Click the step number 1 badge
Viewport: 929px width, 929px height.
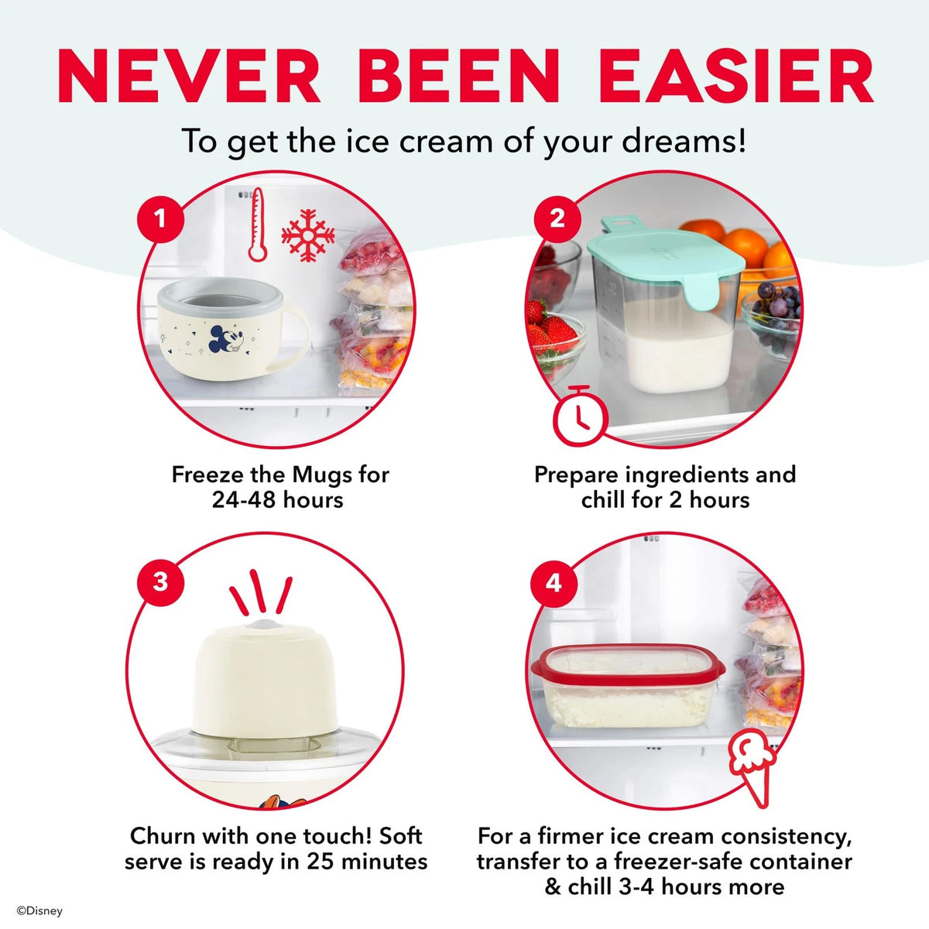(x=160, y=219)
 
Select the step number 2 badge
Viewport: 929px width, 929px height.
(x=557, y=219)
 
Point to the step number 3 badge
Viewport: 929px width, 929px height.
(x=160, y=582)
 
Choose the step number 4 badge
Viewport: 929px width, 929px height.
(x=554, y=584)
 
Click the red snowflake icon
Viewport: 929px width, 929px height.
(x=307, y=236)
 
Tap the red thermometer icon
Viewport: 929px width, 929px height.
(x=258, y=225)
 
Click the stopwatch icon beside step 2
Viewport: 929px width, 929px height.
(x=581, y=415)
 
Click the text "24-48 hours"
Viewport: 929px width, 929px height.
(x=277, y=500)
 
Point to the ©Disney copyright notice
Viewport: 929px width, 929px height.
(x=39, y=911)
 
